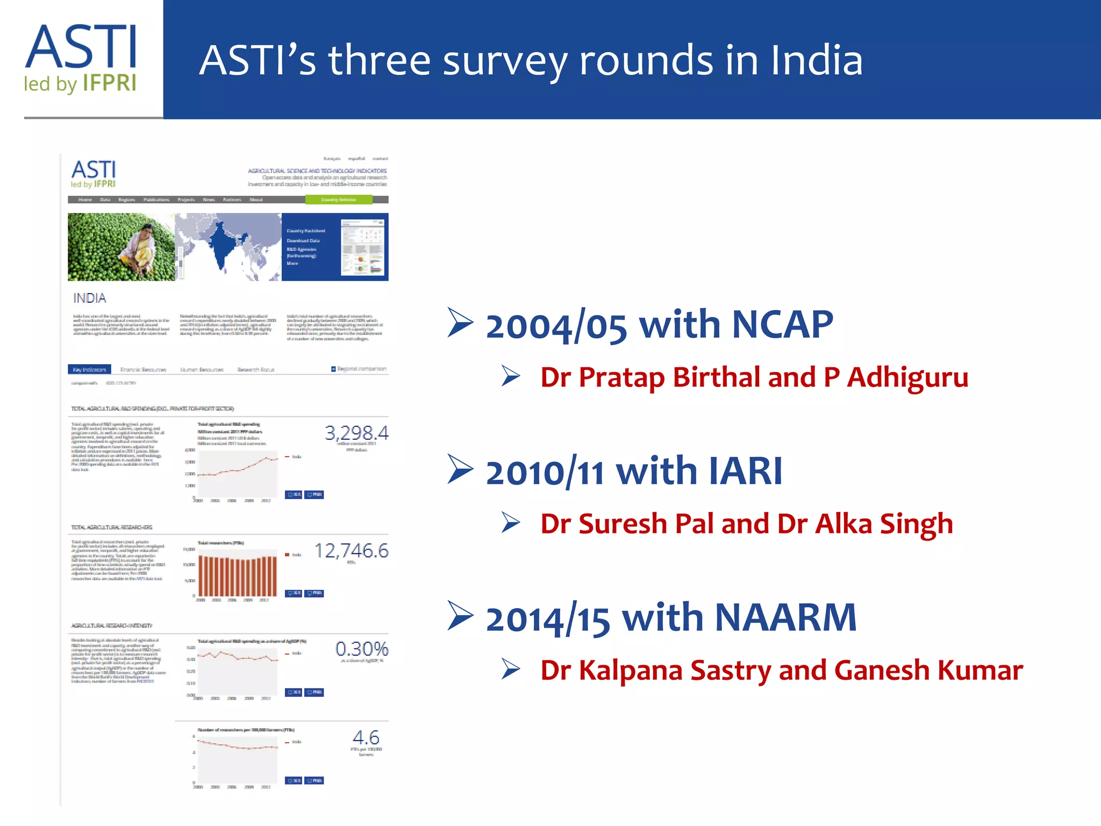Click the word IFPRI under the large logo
tap(110, 84)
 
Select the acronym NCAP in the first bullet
tap(782, 325)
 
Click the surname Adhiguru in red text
tap(908, 378)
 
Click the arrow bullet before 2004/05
tap(460, 323)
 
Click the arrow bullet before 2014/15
tap(460, 615)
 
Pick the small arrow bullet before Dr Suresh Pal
tap(510, 523)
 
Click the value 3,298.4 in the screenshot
tap(356, 433)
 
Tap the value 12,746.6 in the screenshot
tap(351, 551)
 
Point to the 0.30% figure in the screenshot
tap(361, 649)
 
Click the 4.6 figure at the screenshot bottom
tap(366, 737)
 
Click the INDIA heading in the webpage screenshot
tap(90, 298)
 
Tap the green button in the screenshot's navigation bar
tap(339, 200)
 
